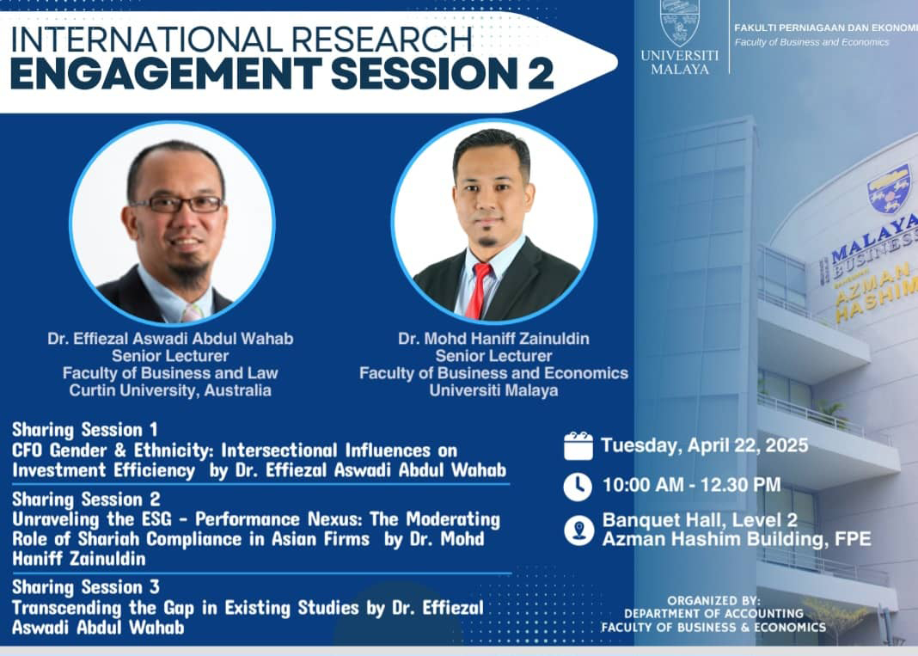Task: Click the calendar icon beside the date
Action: pos(578,445)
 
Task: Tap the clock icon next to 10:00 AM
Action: pos(578,486)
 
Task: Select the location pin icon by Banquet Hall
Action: pos(579,530)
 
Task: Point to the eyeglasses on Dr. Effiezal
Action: pos(178,205)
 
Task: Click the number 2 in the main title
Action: pos(541,74)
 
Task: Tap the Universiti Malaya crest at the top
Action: pos(680,23)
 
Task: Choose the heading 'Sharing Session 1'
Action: pos(85,429)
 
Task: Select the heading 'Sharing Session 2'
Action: pos(86,499)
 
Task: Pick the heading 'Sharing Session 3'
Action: pos(85,587)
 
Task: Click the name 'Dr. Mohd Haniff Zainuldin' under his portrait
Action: pos(493,339)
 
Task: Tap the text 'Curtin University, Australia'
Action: pos(170,390)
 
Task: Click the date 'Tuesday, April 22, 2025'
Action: pos(704,445)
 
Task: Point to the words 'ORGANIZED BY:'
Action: pos(713,600)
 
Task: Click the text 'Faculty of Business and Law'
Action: pos(170,373)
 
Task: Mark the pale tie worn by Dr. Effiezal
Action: pos(192,312)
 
